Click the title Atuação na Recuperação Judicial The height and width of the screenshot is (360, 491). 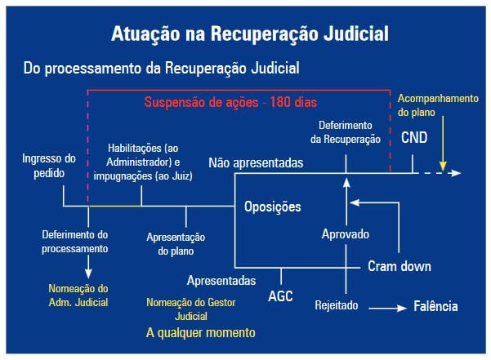point(250,35)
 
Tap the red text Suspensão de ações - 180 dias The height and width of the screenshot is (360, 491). point(230,103)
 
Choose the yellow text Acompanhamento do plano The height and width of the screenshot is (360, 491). point(437,104)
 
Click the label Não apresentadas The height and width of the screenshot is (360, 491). point(256,163)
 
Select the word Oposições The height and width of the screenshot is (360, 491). point(273,207)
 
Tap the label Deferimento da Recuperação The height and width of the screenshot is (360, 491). point(346,132)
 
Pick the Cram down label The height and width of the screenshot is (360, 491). point(399,266)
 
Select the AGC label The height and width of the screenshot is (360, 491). point(280,296)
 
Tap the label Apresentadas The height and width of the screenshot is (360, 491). point(221,281)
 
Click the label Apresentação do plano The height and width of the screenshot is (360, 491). point(176,244)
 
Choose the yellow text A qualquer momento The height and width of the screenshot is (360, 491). point(201,333)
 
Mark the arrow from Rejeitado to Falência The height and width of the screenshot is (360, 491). point(387,308)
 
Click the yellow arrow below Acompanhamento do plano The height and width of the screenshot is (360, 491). point(441,143)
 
